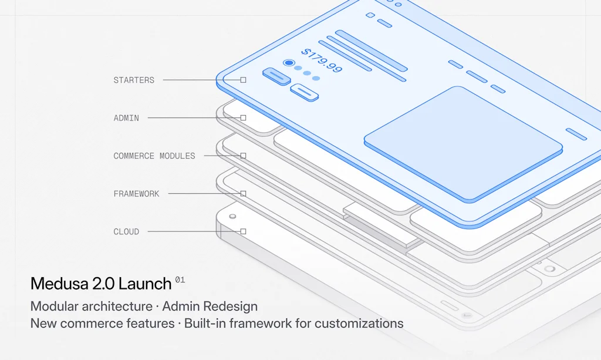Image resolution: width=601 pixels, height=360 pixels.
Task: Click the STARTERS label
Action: pos(134,80)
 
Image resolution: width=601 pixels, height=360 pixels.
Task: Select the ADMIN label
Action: pos(126,118)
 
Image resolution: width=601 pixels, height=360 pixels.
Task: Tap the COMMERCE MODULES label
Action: pos(154,156)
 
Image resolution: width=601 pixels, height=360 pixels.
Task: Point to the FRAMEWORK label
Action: pos(136,194)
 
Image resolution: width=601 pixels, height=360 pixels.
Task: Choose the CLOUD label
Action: pos(126,232)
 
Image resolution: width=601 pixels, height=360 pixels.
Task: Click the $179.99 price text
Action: pos(321,60)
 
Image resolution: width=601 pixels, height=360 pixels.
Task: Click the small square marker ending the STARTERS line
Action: pos(243,80)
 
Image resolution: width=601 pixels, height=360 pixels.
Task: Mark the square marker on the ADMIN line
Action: pos(243,118)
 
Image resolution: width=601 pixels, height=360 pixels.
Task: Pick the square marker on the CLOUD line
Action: pos(243,231)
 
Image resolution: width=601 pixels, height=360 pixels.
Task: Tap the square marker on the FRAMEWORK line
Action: pos(243,194)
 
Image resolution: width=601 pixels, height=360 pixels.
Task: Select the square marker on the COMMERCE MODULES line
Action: pos(243,156)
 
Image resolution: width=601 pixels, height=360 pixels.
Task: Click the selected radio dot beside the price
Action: pos(288,63)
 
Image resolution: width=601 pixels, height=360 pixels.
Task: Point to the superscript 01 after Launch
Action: pos(180,280)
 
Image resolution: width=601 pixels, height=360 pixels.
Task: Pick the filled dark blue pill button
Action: pos(276,76)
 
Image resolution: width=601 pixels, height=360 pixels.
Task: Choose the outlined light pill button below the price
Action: pos(305,92)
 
